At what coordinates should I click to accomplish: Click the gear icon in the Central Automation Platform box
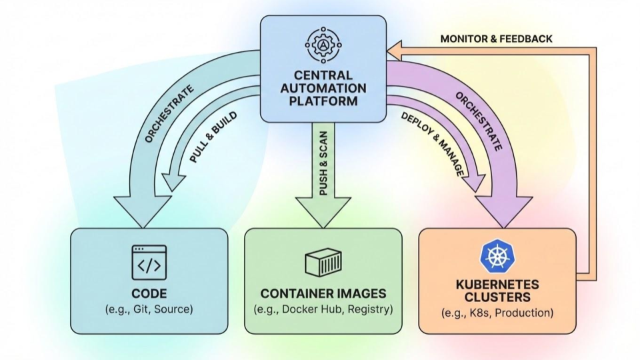pos(323,44)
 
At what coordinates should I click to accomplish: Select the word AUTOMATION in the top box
pos(323,88)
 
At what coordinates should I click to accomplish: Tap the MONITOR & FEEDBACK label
pos(496,39)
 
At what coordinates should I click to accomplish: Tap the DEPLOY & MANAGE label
pos(432,144)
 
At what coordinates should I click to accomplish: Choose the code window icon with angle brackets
pos(149,262)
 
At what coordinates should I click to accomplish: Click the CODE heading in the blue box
pos(149,293)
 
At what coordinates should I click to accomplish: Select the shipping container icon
pos(323,263)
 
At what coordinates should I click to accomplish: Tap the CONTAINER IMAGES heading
pos(323,293)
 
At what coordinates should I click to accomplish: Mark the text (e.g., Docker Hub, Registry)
pos(323,309)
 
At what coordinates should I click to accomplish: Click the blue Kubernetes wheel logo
pos(497,257)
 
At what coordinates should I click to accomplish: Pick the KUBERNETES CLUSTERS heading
pos(497,291)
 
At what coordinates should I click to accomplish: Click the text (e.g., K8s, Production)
pos(497,313)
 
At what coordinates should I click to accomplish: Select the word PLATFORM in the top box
pos(323,101)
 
